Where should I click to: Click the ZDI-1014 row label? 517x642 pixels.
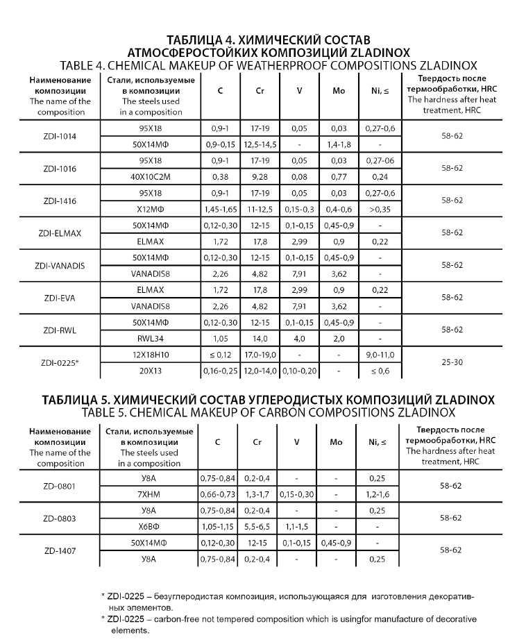(x=59, y=136)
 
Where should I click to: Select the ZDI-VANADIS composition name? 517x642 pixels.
(x=59, y=265)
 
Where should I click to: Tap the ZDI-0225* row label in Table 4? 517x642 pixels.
(x=59, y=361)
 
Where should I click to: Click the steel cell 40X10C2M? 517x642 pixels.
(x=151, y=176)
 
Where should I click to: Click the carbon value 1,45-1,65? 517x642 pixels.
(x=219, y=209)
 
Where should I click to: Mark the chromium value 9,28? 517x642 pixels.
(x=259, y=176)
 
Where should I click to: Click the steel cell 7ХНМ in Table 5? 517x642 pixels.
(x=151, y=493)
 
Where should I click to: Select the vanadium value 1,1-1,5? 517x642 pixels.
(x=299, y=525)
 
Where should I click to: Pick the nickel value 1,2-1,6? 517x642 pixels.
(x=380, y=493)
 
